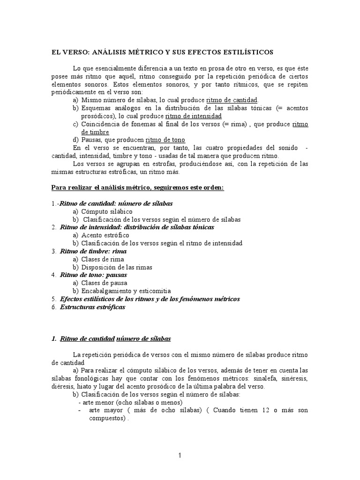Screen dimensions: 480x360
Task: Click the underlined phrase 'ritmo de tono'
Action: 165,140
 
